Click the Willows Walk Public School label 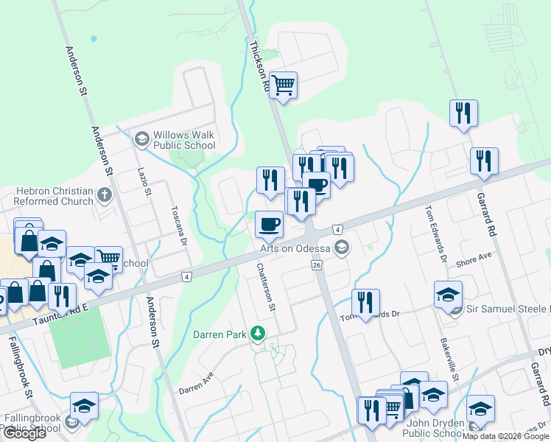[184, 140]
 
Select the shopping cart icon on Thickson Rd [283, 85]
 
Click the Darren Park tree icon [257, 334]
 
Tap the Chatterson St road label [266, 288]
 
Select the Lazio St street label [144, 183]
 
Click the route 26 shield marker [317, 265]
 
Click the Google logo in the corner [24, 433]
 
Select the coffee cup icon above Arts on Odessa [268, 224]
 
